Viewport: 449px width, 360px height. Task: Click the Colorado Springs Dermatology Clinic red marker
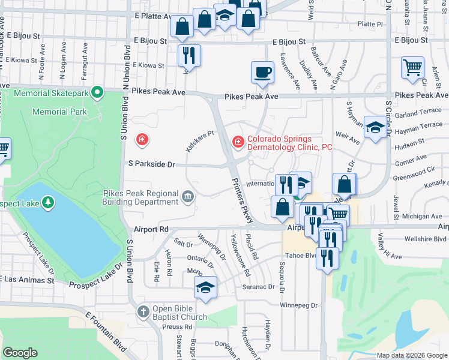[238, 141]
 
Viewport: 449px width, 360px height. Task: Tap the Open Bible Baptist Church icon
[143, 311]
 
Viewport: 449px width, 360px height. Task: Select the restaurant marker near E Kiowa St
[189, 56]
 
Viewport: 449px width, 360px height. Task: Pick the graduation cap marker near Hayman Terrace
[375, 127]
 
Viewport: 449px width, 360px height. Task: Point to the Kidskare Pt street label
[200, 142]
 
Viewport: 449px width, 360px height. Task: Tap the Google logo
[20, 353]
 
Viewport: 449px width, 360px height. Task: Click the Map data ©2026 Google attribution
[411, 355]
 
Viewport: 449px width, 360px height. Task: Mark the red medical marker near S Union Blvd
[142, 140]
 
